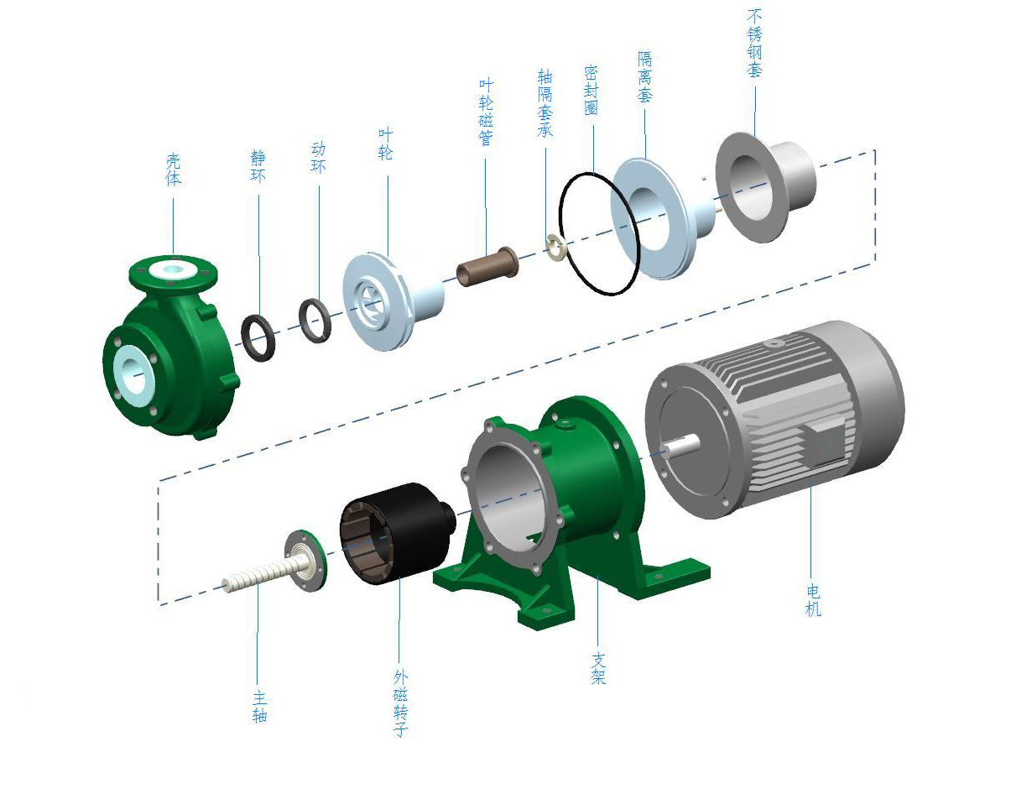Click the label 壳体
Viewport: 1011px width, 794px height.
click(x=173, y=170)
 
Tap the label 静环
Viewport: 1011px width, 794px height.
click(x=258, y=165)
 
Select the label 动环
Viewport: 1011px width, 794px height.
click(x=318, y=158)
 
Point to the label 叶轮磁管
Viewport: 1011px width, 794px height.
click(x=486, y=112)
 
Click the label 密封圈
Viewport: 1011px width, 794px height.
click(x=591, y=91)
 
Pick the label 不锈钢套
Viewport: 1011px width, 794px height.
click(x=754, y=43)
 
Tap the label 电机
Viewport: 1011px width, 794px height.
click(x=813, y=600)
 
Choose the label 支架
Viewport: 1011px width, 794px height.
click(x=598, y=668)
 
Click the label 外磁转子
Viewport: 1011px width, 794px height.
click(x=400, y=703)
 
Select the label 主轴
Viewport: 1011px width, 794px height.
click(x=259, y=707)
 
